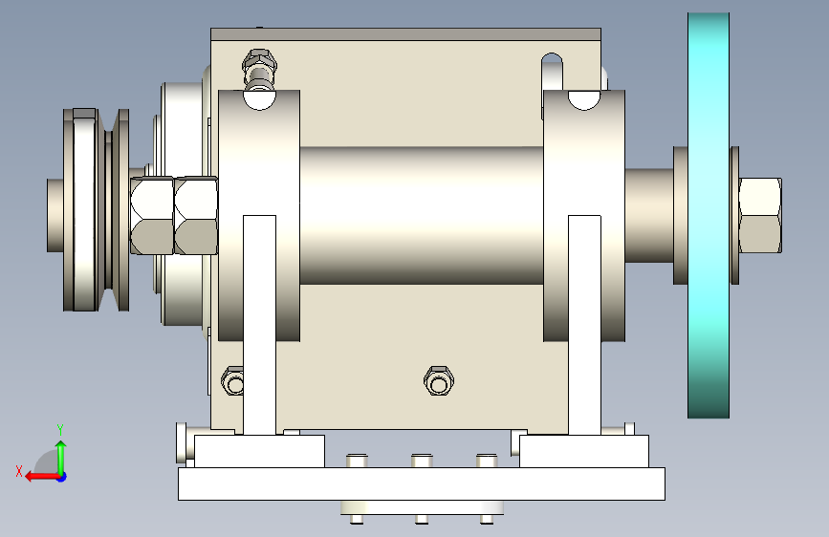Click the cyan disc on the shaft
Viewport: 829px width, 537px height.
pos(709,216)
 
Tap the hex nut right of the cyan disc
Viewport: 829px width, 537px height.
pos(760,216)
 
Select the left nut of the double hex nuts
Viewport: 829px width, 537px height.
pos(152,216)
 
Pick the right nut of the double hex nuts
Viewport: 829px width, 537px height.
pos(196,216)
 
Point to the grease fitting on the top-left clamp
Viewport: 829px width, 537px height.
pos(259,69)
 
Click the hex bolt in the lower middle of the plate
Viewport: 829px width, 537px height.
pos(439,380)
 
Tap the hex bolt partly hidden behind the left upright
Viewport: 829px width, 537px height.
pos(232,380)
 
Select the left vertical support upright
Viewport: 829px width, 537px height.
pos(259,325)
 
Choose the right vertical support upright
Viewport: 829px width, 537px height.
pos(584,325)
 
